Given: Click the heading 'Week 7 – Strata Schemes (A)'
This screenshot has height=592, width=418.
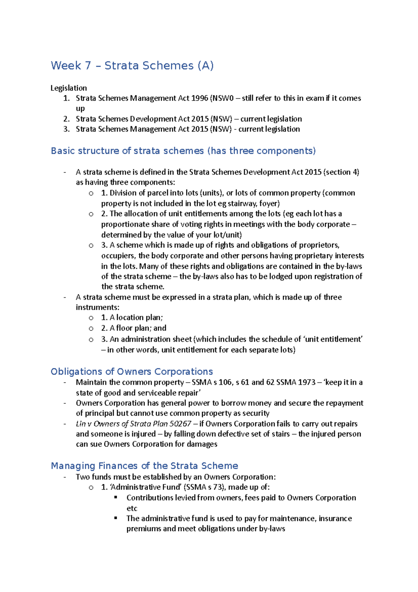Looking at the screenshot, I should [x=132, y=66].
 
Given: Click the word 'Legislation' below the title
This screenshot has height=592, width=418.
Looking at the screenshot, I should [x=69, y=88].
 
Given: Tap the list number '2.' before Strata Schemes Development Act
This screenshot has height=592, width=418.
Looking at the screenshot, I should [x=67, y=119].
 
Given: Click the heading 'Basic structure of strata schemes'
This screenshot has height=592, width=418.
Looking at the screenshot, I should [x=183, y=151].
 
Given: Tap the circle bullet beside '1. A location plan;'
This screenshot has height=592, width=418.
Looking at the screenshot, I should [x=91, y=318].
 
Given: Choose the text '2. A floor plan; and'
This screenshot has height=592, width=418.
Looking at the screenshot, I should [x=134, y=328].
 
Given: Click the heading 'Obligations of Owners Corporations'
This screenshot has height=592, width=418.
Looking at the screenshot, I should [x=132, y=372].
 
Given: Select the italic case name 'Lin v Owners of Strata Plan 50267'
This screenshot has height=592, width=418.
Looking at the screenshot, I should [x=133, y=424].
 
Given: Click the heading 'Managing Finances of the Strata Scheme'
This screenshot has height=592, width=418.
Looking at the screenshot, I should [x=144, y=466].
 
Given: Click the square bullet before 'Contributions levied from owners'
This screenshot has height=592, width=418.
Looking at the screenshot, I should [x=116, y=498].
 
